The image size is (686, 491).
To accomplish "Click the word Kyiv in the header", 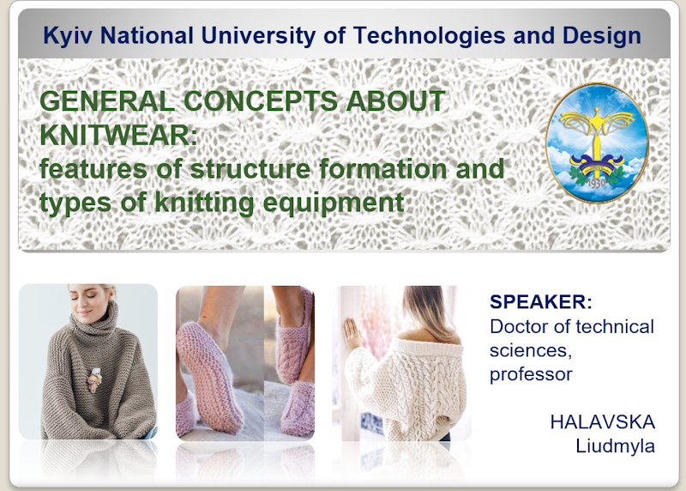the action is point(68,36).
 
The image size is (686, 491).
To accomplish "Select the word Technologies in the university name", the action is point(429,36).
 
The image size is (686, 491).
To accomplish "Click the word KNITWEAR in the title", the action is point(118,135).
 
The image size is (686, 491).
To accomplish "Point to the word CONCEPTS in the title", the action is point(261,101).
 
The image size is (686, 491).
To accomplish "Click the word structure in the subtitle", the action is point(250,169).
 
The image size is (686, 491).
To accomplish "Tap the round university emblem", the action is point(597,143).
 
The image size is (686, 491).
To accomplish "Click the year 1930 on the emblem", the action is point(596,183).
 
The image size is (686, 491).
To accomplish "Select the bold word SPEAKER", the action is point(541,302).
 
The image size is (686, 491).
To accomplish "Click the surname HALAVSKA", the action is point(603,422).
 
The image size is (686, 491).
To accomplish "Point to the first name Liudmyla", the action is point(615,446).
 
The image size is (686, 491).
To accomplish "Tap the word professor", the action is point(531,375).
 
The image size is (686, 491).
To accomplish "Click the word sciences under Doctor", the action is point(530,351).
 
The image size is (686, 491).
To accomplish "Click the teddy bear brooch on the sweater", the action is point(93,379).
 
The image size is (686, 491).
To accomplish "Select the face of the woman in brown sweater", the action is point(87,303).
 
